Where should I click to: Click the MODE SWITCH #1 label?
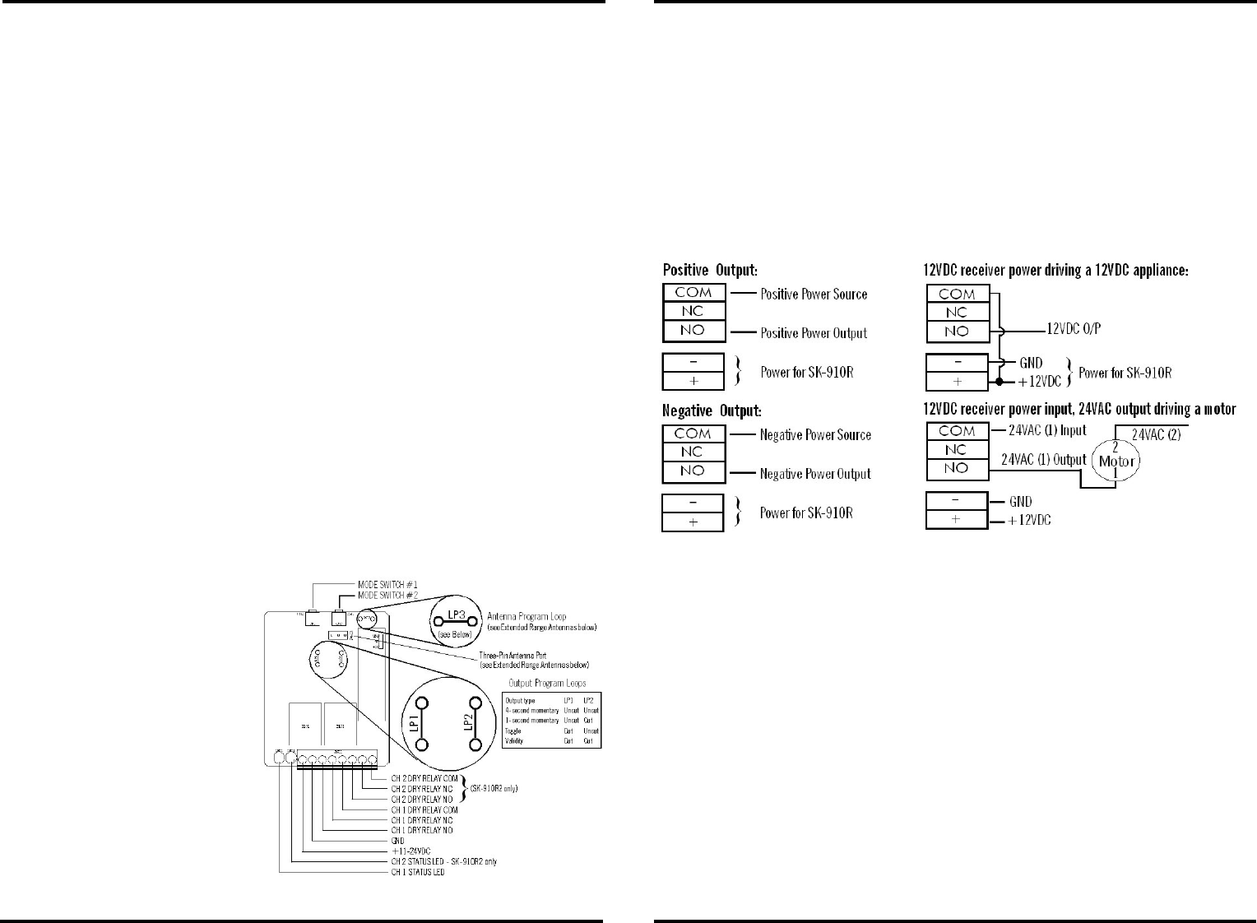388,584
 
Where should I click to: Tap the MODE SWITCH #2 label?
388,595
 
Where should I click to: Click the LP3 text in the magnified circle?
457,614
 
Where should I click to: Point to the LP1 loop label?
414,724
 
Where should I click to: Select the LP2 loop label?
466,724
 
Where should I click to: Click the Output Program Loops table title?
548,684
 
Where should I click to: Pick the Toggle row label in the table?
513,731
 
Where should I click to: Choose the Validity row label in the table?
514,741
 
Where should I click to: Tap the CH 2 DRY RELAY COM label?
424,778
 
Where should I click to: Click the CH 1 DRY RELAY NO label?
422,831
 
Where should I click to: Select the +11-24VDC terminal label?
410,851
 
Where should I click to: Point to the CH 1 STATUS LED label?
417,872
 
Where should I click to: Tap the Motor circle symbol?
1116,461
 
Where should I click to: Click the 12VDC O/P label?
1074,329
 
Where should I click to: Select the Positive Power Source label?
814,294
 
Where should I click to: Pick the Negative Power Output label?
815,474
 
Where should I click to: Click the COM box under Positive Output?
693,293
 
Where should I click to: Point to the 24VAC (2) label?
1156,434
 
